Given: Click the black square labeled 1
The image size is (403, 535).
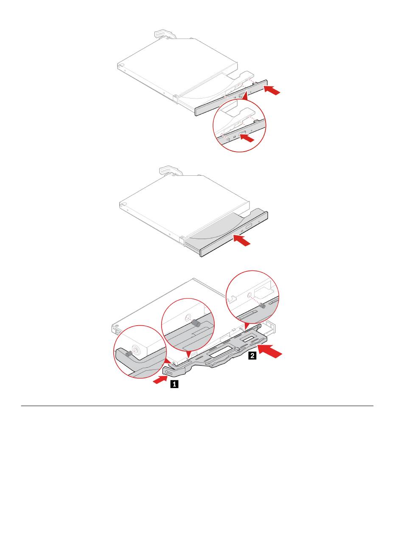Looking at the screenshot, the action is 174,384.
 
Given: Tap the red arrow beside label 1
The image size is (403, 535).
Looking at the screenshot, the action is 160,380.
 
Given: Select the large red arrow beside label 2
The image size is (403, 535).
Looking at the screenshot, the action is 270,350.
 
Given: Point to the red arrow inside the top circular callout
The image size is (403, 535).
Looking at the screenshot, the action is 246,138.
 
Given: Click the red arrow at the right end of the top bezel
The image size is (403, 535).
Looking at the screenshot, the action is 272,90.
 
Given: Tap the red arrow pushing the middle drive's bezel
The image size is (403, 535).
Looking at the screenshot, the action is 242,240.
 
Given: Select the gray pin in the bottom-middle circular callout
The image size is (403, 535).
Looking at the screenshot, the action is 196,323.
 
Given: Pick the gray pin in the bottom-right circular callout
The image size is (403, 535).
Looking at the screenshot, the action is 262,305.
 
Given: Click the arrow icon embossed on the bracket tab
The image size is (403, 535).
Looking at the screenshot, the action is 168,373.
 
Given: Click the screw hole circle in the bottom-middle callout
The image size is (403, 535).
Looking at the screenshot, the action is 188,318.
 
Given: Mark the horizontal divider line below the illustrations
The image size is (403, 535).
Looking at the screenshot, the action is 197,406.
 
